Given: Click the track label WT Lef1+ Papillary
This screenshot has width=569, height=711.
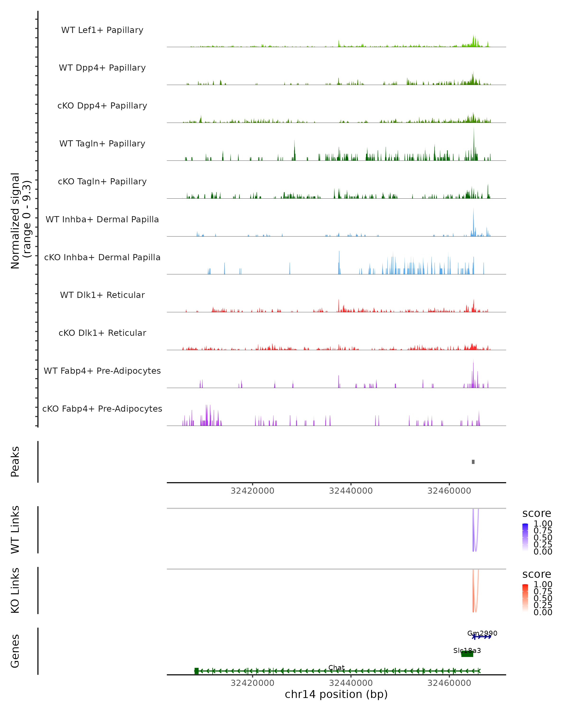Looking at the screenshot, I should pos(102,30).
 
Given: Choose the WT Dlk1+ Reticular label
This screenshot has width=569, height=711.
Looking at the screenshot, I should pos(102,295).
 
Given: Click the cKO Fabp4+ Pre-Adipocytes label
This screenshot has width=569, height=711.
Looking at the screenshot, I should pos(102,409).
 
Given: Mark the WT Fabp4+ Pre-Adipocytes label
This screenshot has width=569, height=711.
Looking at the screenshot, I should pos(102,371).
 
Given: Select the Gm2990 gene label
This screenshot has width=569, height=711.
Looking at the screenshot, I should pos(482,633).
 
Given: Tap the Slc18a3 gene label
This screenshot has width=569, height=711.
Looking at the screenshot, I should pos(467,651).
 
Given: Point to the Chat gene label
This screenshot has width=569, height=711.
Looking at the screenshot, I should pos(336,668).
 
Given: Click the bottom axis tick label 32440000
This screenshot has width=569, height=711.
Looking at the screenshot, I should pos(351,683).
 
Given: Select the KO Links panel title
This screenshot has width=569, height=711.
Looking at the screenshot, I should pos(15,590).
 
